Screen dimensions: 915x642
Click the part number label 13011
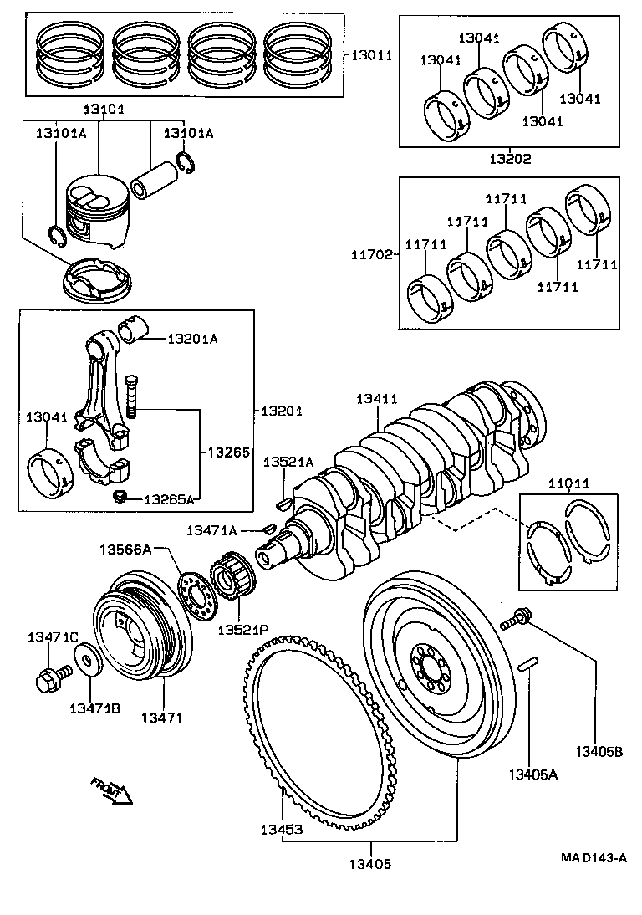370,55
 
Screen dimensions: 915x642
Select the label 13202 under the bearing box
510,158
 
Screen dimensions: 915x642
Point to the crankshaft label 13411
379,401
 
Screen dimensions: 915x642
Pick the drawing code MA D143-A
594,858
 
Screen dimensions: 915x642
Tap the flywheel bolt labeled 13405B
514,622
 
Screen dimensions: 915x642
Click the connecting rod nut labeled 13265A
120,497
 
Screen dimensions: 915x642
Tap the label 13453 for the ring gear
281,830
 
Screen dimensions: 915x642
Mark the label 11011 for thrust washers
569,483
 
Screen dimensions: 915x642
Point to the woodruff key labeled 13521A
282,504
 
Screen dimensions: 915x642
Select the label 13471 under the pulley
161,717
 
